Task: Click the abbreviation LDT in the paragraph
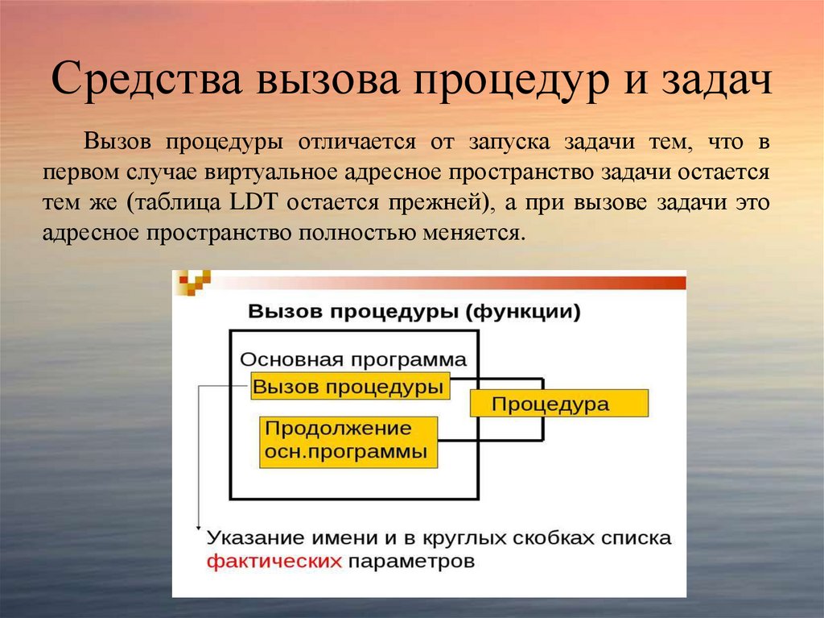[x=254, y=202]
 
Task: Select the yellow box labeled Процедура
[x=559, y=403]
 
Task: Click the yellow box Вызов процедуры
[x=348, y=386]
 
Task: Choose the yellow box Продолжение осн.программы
[x=348, y=441]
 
